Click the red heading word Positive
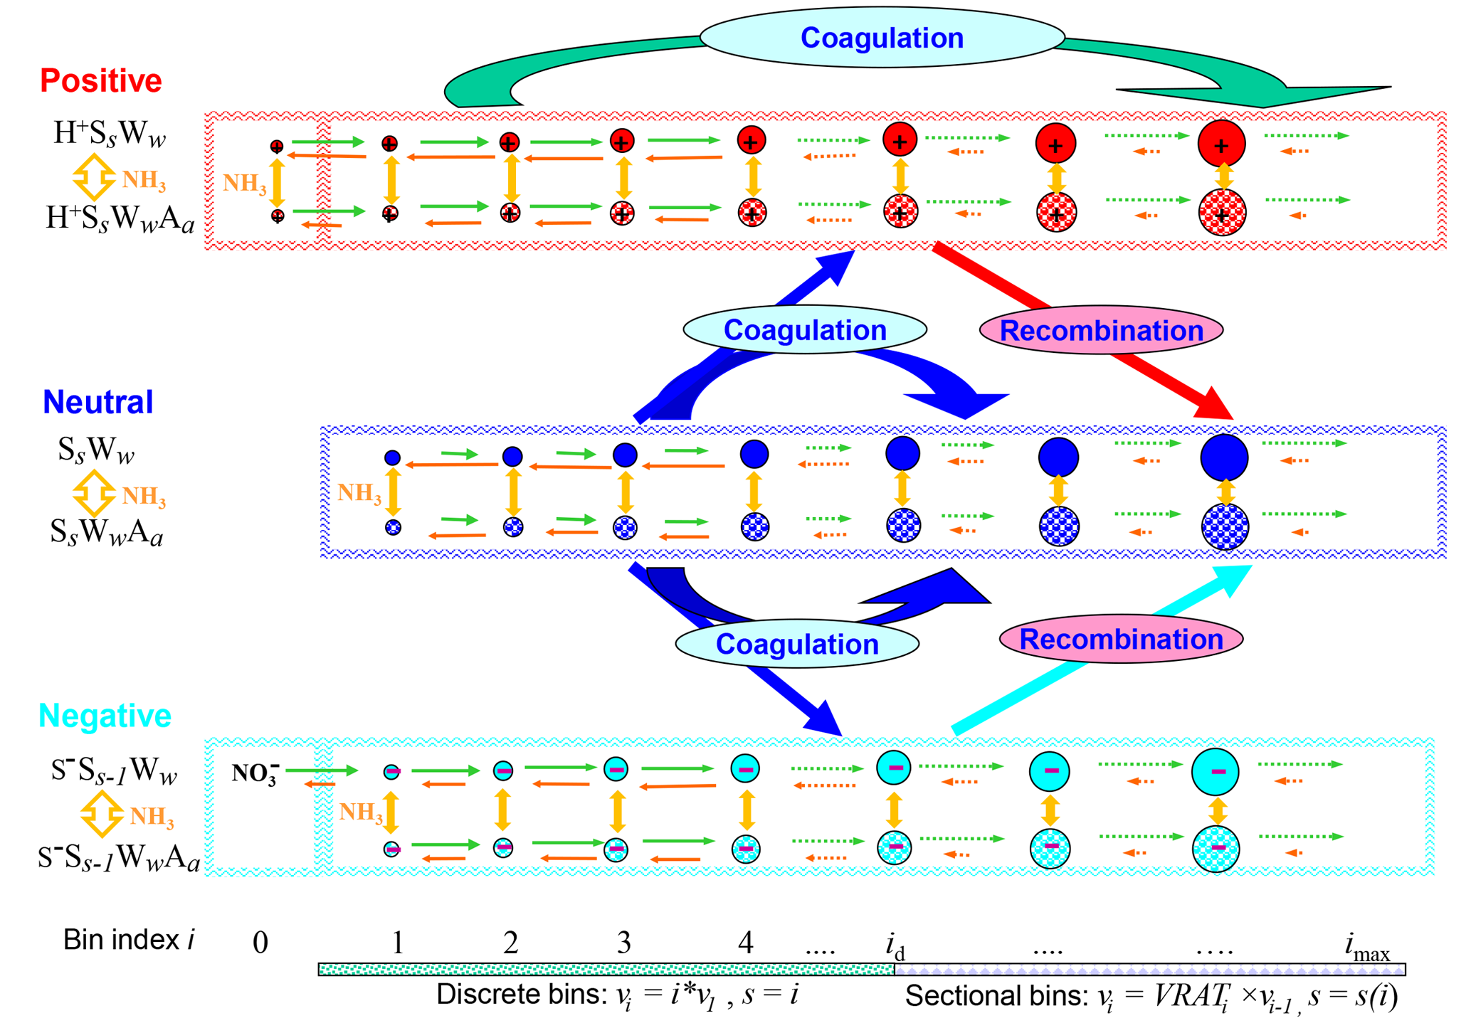coord(100,81)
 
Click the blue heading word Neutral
coord(97,403)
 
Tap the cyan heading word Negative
coord(105,716)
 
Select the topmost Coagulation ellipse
coord(882,38)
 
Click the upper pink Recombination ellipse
coord(1101,331)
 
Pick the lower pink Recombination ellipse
coord(1121,640)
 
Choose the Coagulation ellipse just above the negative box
coord(796,644)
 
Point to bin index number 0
coord(260,943)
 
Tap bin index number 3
coord(623,943)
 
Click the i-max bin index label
coord(1366,947)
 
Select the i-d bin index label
coord(895,945)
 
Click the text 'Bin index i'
coord(129,940)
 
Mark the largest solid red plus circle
coord(1221,144)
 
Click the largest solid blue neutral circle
coord(1224,457)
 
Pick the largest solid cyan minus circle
coord(1216,772)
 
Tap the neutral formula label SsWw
coord(96,450)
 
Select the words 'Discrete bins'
coord(522,995)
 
